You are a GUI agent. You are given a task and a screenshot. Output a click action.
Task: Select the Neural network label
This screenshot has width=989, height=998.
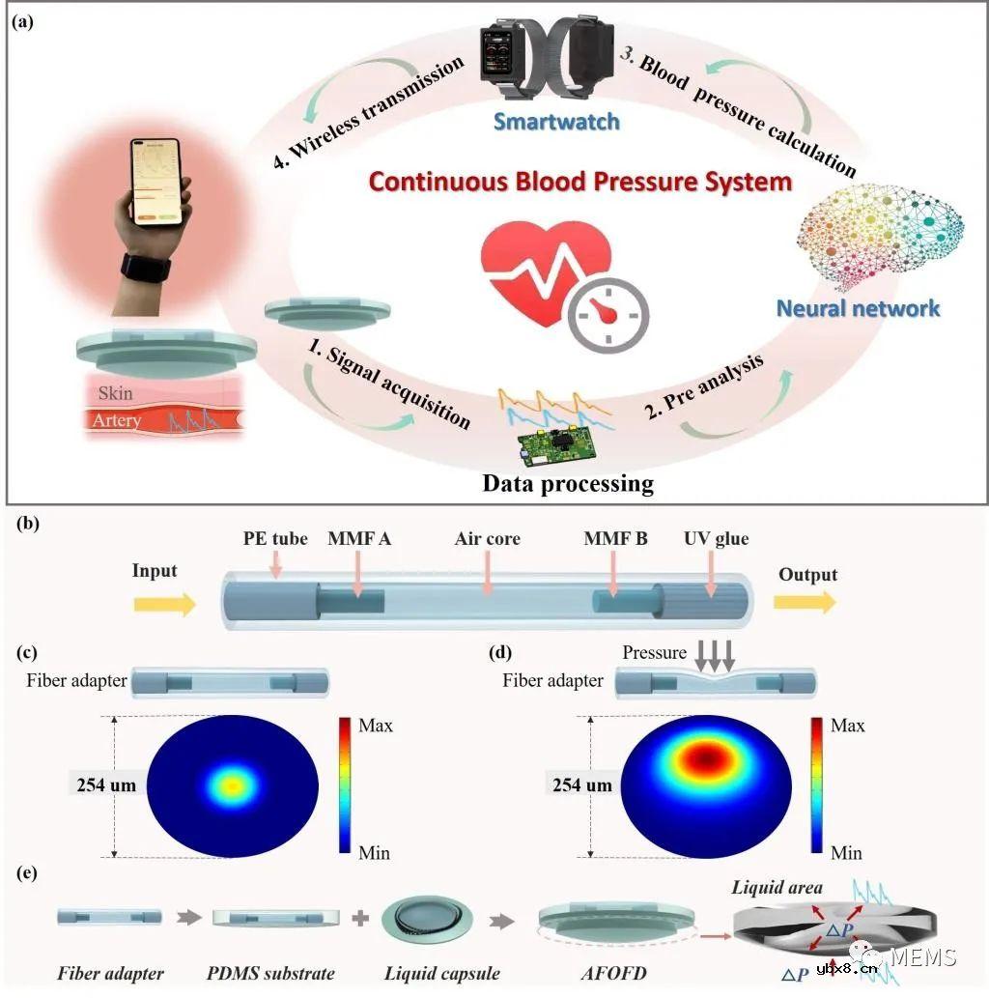858,308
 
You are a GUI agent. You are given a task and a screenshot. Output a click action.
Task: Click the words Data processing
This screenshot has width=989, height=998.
568,483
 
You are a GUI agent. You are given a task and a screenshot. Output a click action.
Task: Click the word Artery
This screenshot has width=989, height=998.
117,420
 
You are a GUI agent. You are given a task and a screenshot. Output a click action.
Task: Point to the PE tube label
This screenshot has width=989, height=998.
275,538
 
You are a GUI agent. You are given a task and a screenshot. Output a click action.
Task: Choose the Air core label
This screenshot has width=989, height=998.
488,538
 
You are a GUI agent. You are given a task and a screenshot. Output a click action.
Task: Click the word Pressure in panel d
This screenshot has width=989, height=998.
654,653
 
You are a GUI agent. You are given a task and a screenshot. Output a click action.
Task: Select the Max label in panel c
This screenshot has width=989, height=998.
376,725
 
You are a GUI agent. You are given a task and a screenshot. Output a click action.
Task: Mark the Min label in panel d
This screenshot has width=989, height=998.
847,853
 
